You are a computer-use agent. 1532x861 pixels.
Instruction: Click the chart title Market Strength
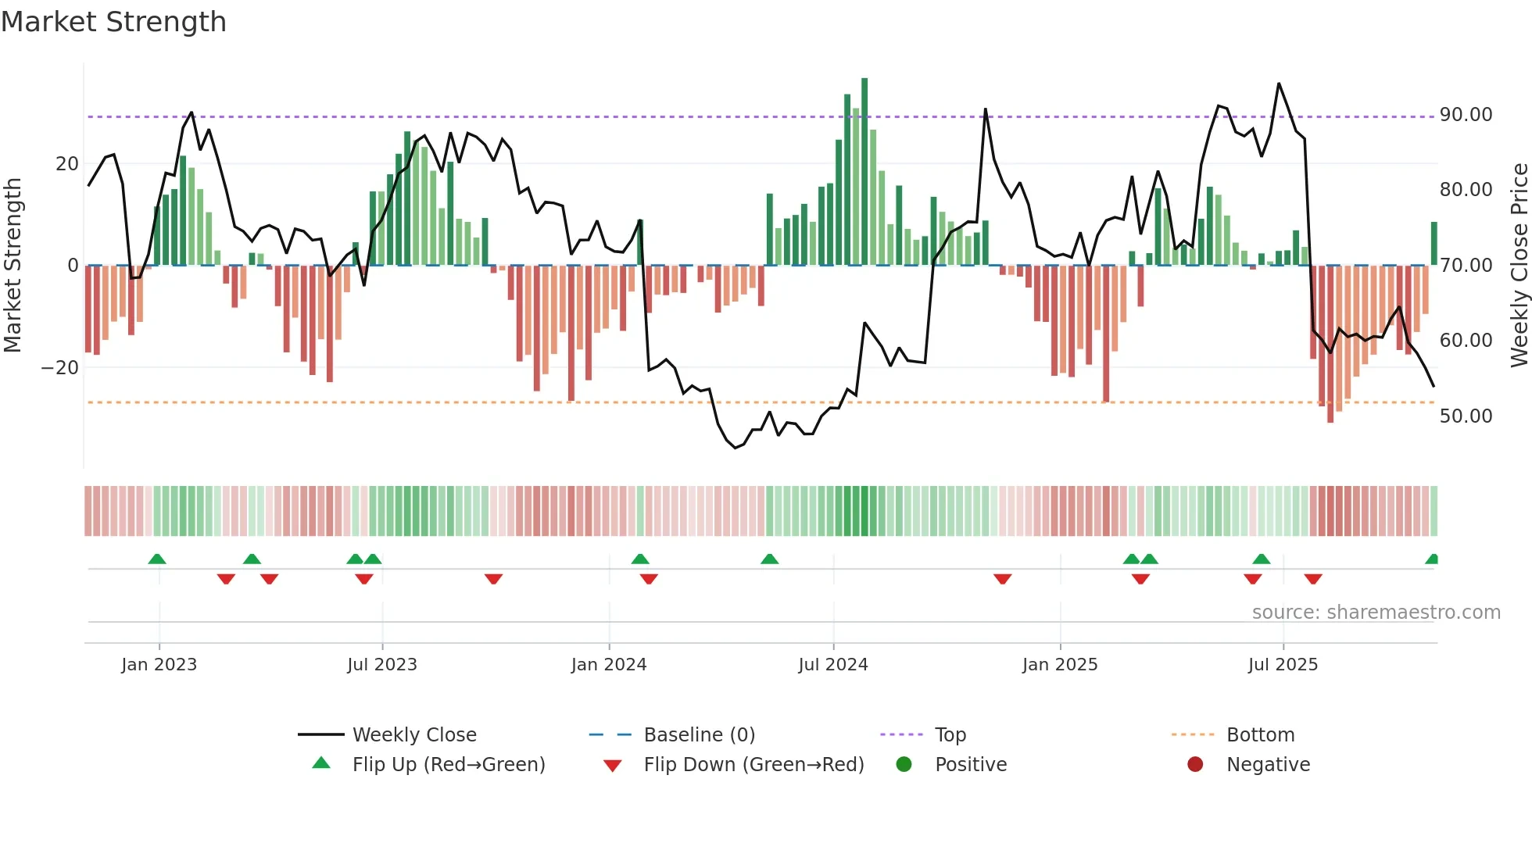[113, 22]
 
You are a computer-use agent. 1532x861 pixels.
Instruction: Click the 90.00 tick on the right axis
[1466, 115]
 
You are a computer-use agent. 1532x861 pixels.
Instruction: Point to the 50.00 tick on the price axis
[1466, 416]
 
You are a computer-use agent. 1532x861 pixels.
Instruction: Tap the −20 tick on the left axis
[60, 368]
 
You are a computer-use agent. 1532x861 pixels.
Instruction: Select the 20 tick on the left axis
[67, 164]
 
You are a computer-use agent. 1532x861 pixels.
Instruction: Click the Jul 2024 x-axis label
[832, 665]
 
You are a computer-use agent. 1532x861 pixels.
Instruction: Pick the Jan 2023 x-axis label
[159, 665]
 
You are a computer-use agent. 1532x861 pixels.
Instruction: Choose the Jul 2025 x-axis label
[1283, 665]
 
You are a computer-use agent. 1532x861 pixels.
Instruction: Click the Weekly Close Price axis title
[1519, 266]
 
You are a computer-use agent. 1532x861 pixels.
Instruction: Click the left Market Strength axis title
[13, 266]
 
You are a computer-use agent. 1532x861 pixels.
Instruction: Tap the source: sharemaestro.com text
[1376, 613]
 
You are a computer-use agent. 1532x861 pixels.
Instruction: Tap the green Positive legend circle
[904, 765]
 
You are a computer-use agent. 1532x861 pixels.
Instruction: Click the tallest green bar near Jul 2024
[864, 172]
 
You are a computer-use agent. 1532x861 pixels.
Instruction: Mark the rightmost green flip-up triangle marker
[1432, 559]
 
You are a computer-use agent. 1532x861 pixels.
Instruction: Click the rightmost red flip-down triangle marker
[1313, 579]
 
